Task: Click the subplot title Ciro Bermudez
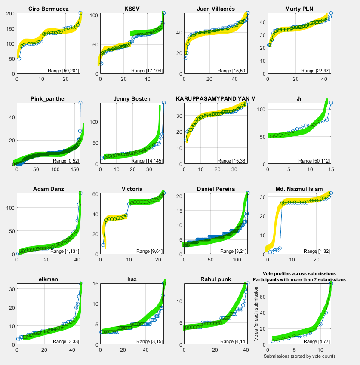pyautogui.click(x=49, y=9)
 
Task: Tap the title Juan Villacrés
pyautogui.click(x=216, y=9)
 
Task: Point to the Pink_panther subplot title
pyautogui.click(x=49, y=99)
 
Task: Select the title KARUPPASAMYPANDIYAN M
pyautogui.click(x=216, y=99)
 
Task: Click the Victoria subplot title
pyautogui.click(x=132, y=189)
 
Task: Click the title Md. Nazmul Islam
pyautogui.click(x=299, y=189)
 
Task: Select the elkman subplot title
pyautogui.click(x=49, y=279)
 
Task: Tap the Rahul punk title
pyautogui.click(x=216, y=279)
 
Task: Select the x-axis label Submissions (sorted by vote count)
pyautogui.click(x=299, y=356)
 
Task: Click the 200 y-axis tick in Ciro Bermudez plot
pyautogui.click(x=9, y=14)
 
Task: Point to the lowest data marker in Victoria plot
pyautogui.click(x=103, y=245)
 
